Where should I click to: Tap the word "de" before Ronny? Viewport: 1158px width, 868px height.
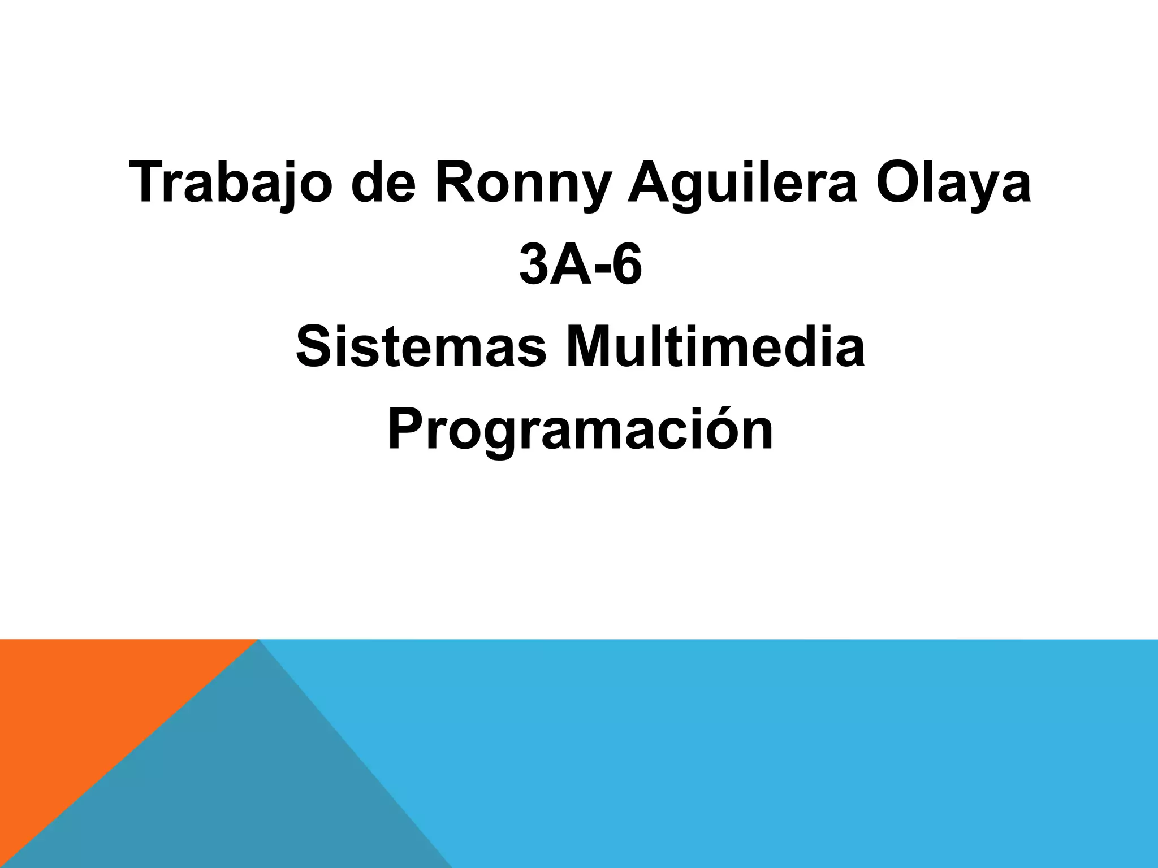(385, 182)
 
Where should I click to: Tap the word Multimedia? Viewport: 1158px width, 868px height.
(716, 348)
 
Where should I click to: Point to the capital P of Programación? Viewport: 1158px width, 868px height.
(406, 429)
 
